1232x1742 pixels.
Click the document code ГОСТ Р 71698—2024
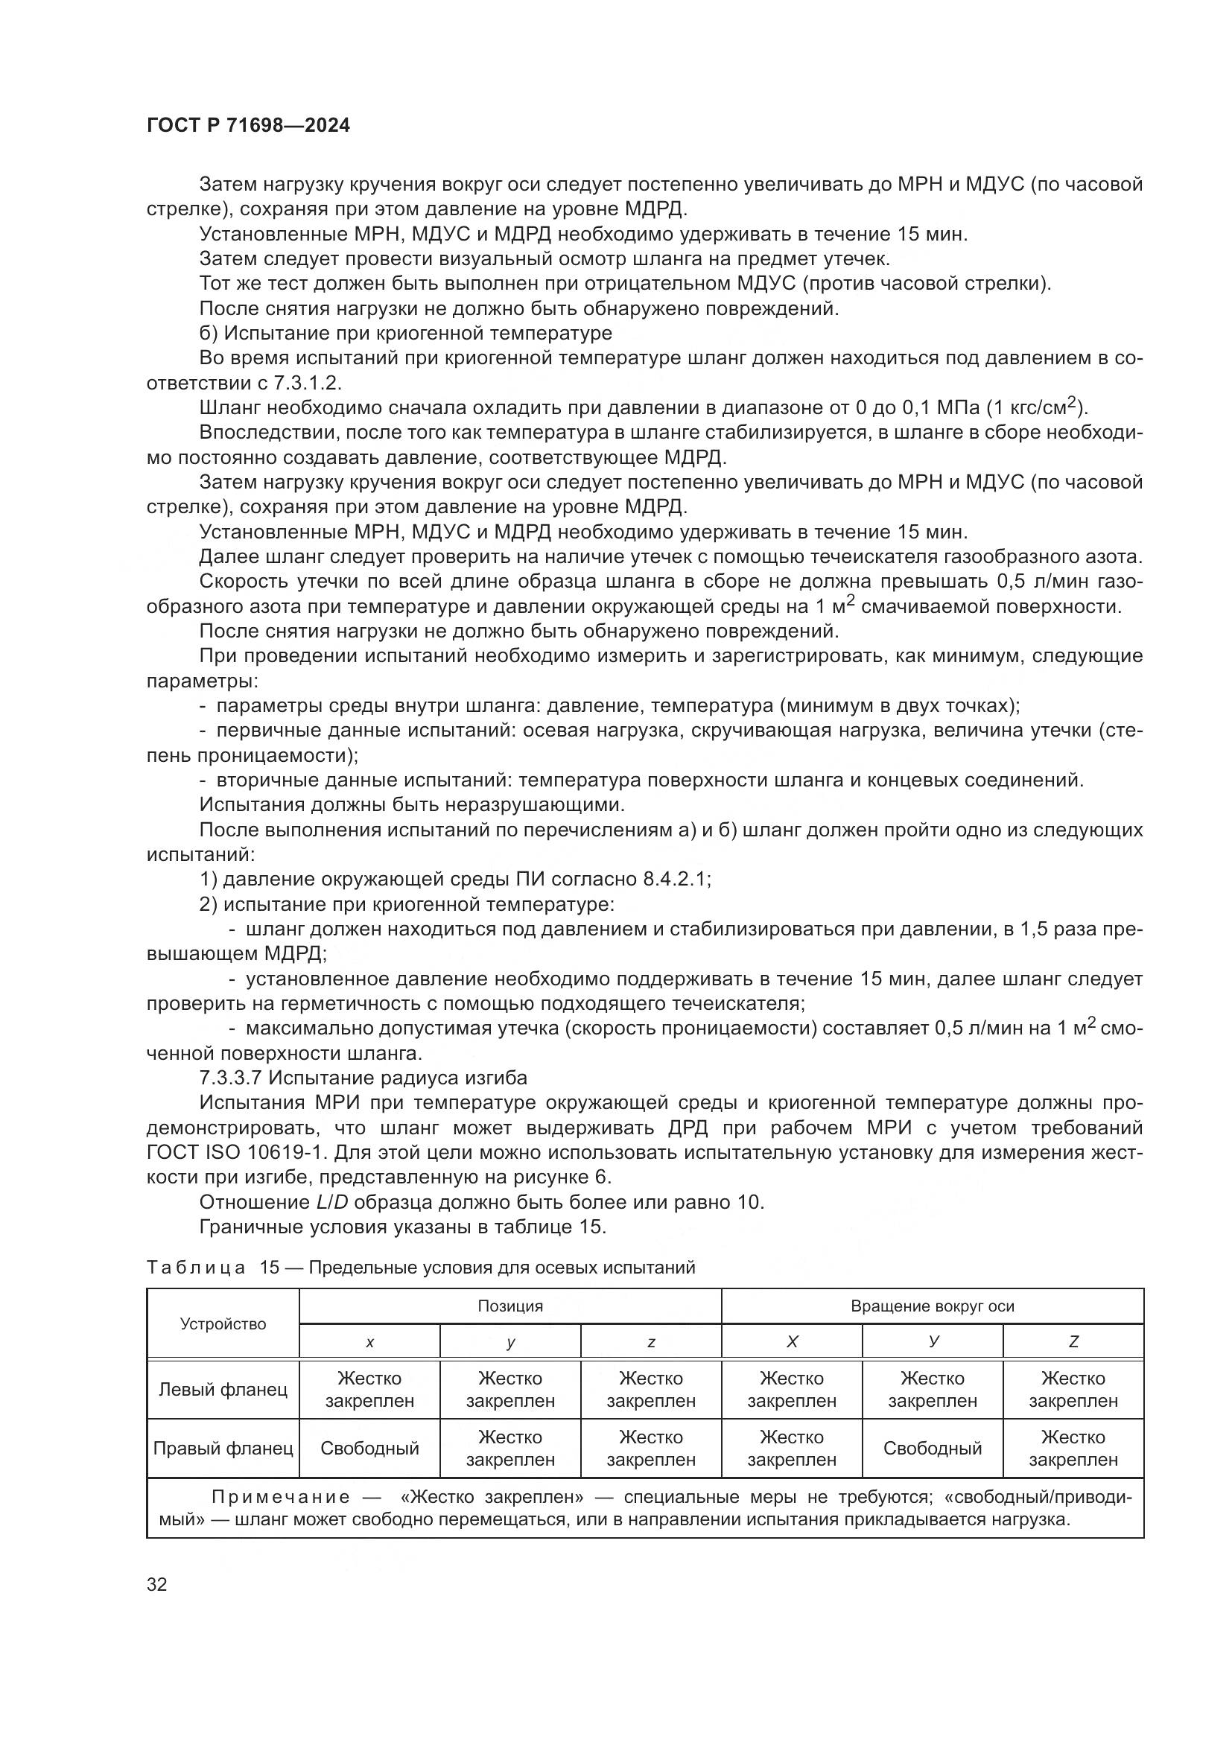point(248,126)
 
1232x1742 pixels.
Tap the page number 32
point(156,1585)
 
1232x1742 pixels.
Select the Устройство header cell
point(223,1324)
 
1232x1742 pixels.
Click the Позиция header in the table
point(509,1306)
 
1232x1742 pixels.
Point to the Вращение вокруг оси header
point(932,1306)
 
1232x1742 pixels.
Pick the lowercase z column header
point(651,1342)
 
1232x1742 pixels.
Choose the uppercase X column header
point(791,1342)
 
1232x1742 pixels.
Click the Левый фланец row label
point(223,1390)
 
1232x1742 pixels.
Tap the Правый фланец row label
point(223,1449)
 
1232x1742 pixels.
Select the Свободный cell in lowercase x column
point(369,1449)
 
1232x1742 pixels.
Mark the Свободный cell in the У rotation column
point(932,1449)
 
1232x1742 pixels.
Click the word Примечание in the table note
point(280,1497)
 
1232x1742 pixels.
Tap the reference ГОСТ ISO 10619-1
point(237,1152)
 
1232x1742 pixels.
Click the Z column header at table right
point(1073,1342)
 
